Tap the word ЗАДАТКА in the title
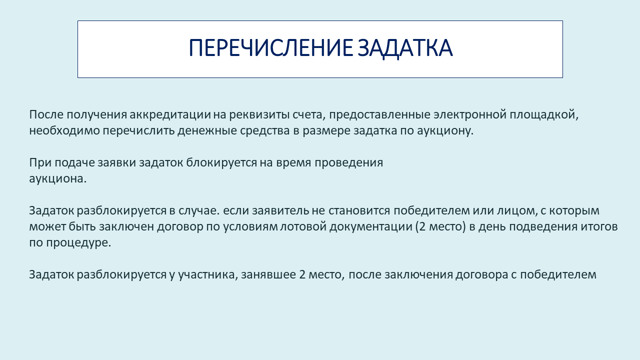click(x=405, y=48)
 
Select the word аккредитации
click(x=170, y=115)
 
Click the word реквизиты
click(x=259, y=115)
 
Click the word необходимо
click(x=64, y=131)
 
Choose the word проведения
click(x=349, y=163)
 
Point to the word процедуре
click(x=78, y=243)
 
